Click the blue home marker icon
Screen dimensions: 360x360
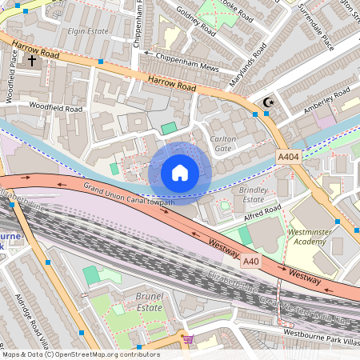coord(180,173)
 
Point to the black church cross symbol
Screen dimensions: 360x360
coord(32,60)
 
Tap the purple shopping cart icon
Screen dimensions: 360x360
coord(188,339)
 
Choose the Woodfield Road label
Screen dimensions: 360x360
coord(56,107)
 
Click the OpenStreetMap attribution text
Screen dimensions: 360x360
coord(80,354)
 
